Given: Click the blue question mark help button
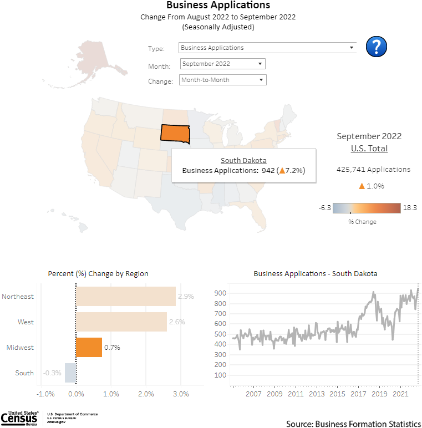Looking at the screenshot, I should coord(377,47).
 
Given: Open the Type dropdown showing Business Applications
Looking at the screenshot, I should coord(268,48).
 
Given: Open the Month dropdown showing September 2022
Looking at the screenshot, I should coord(223,64).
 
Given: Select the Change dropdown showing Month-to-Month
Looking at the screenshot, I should coord(223,80).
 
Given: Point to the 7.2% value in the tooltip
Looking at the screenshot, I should coord(294,170).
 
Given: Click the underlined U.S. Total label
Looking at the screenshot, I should coord(369,149).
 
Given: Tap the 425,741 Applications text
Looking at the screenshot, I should coord(373,169).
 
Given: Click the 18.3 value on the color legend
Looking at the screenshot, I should coord(410,207).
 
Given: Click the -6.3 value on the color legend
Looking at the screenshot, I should coord(325,207).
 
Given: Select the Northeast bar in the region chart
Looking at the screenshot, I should coord(126,296).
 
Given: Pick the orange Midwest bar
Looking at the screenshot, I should coord(89,347).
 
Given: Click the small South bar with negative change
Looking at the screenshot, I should coord(70,373).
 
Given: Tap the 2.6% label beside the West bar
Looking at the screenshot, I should coord(177,322).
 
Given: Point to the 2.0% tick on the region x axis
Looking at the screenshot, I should coord(146,394).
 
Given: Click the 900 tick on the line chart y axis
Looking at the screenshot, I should coord(220,293).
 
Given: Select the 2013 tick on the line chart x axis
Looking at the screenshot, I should coord(317,394).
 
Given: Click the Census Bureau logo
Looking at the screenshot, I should coord(21,417).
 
